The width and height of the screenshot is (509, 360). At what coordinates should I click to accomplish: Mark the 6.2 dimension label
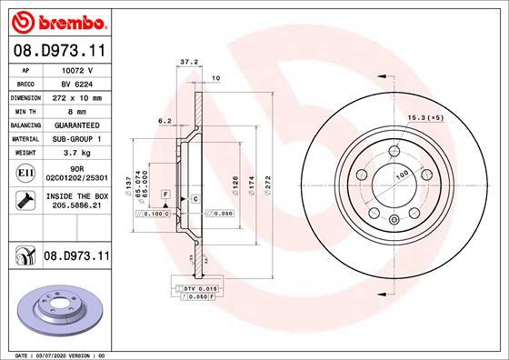[x=165, y=120]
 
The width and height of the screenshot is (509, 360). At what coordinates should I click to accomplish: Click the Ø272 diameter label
[x=268, y=183]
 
